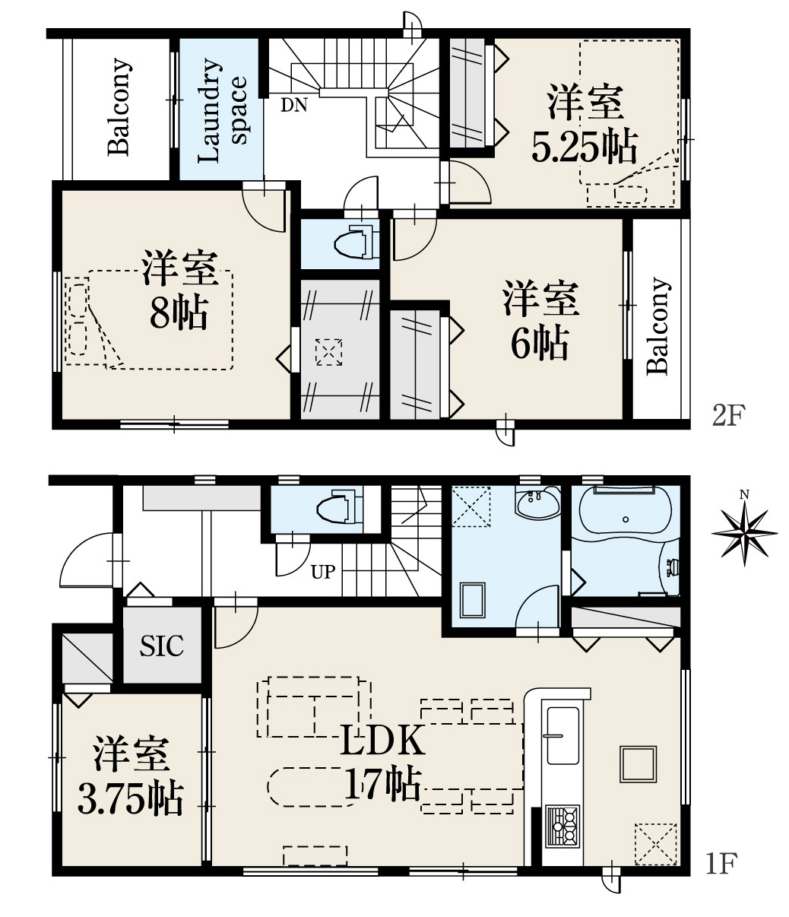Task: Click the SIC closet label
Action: click(x=161, y=646)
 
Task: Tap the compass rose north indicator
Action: click(x=744, y=532)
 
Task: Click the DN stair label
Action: click(x=293, y=105)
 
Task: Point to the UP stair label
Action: click(x=322, y=573)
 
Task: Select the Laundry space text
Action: click(x=221, y=110)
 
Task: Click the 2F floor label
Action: click(x=729, y=415)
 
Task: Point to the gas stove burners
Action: click(x=562, y=825)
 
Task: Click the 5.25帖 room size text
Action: click(x=585, y=147)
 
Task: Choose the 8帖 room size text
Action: click(x=179, y=314)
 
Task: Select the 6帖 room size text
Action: click(x=540, y=343)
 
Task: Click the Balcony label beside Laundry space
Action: click(x=120, y=107)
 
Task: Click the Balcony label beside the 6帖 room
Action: click(x=658, y=326)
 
